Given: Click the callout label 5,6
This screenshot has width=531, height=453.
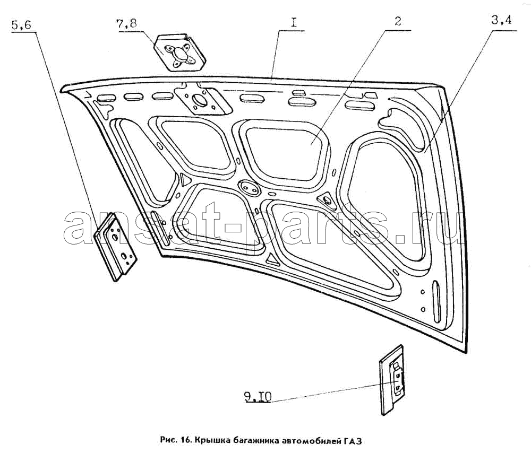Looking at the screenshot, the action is click(x=21, y=25).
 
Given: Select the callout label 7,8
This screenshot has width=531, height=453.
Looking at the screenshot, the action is click(x=127, y=24).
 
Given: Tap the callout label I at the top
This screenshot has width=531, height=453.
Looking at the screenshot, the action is click(x=293, y=23).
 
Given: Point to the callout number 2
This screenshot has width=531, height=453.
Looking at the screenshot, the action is click(x=398, y=22).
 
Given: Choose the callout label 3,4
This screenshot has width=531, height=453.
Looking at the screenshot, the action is click(x=502, y=20).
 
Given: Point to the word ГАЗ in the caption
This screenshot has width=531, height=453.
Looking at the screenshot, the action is click(x=354, y=441).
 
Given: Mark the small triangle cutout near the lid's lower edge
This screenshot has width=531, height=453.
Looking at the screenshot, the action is click(x=272, y=260).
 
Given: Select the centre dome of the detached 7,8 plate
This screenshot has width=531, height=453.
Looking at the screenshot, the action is click(x=179, y=53).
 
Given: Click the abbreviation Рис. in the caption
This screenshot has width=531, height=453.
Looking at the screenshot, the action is click(x=168, y=441).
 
